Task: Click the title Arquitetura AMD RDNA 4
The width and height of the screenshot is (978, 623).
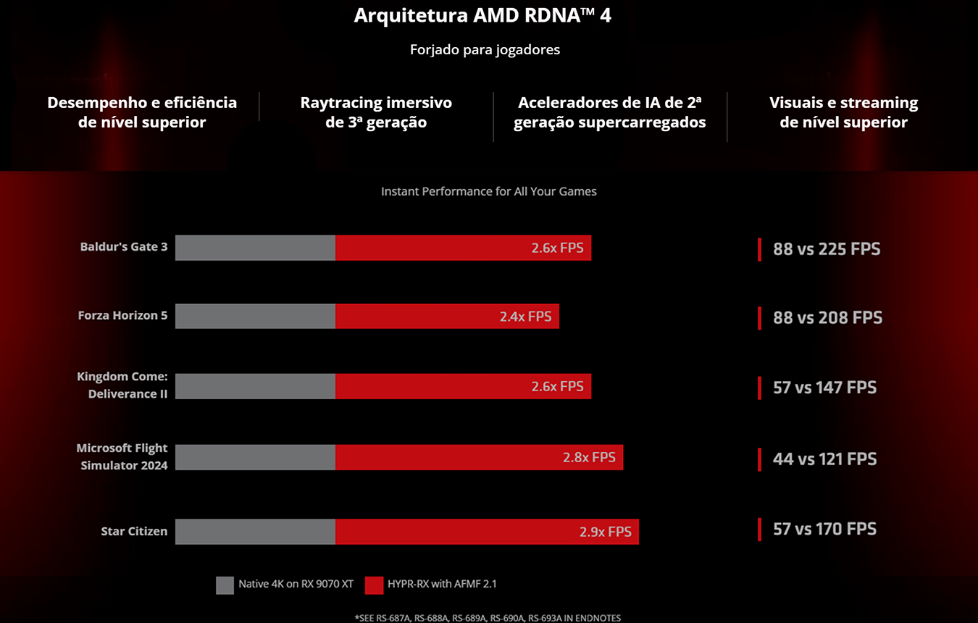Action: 482,16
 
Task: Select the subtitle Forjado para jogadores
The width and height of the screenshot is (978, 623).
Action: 485,50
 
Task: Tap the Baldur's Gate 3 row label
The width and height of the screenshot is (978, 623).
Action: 124,247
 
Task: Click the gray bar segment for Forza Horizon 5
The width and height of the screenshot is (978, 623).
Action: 255,317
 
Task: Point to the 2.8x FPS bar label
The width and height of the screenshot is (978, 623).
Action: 589,457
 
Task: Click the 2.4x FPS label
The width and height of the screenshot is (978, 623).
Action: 525,317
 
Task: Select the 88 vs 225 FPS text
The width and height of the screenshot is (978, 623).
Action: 827,249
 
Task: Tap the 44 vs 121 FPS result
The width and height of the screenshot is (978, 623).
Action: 824,459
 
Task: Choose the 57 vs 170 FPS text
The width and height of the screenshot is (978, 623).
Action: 824,529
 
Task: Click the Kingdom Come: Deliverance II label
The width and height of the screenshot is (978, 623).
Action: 122,385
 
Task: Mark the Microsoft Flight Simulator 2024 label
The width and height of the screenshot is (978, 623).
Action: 122,456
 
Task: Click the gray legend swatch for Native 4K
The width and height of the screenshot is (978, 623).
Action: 225,585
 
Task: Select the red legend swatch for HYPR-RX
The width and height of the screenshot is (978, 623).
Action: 374,585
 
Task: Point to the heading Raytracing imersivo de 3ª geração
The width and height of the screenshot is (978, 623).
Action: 376,112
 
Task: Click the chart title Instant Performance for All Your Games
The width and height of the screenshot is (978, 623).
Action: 489,192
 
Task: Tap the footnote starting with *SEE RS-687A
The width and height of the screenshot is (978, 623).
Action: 488,618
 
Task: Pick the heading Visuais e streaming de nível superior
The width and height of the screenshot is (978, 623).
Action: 843,112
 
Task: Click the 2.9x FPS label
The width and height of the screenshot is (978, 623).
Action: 605,532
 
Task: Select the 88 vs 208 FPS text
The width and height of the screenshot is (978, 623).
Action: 827,317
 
